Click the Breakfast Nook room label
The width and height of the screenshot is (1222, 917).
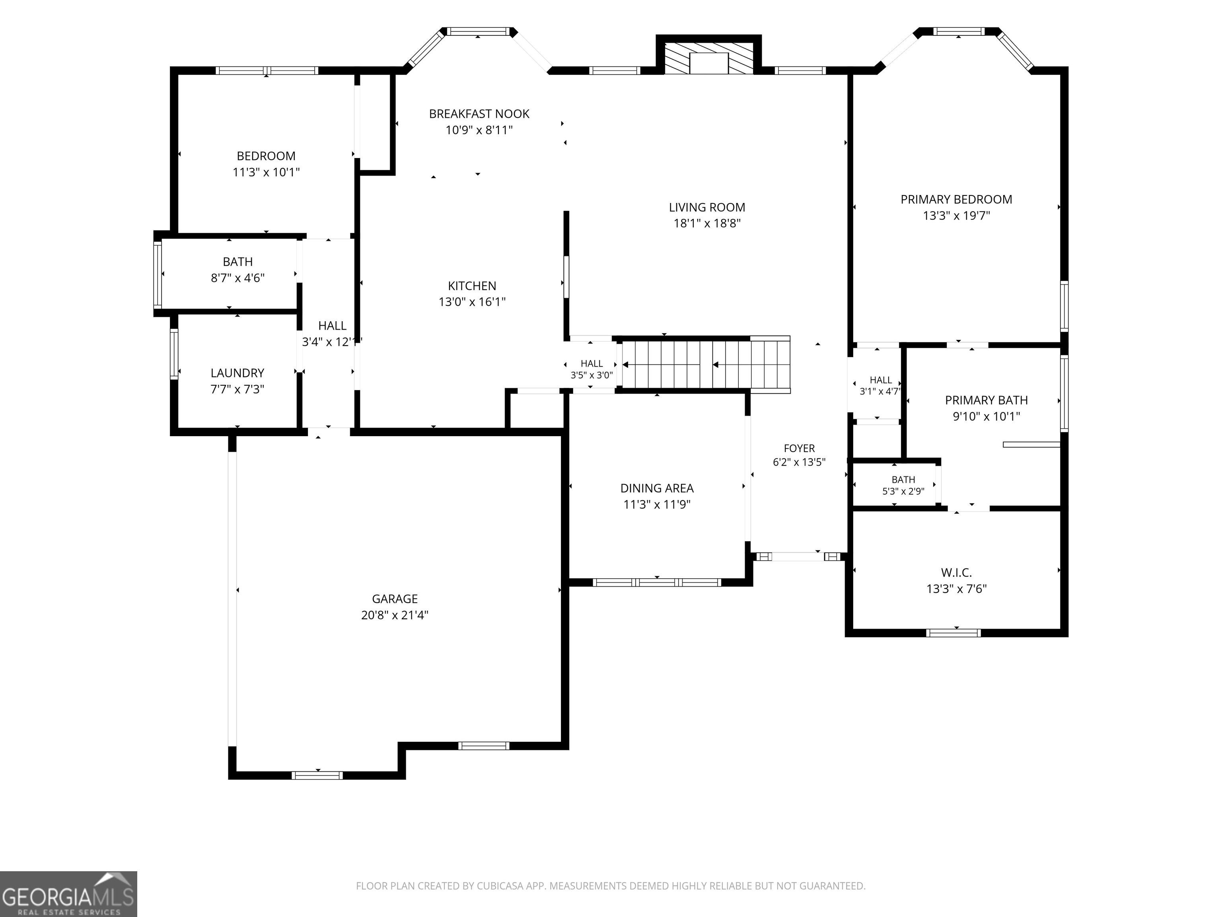[479, 114]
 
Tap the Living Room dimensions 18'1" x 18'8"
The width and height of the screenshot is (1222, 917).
[706, 223]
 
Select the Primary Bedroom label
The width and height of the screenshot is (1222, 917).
[956, 199]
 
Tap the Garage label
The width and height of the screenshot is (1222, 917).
[395, 599]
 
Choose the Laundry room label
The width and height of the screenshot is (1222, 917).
[237, 373]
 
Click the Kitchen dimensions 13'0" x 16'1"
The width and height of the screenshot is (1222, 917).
[472, 302]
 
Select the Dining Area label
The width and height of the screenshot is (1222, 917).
[657, 488]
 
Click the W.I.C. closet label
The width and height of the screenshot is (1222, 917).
[956, 573]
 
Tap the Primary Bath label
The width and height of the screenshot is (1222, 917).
[986, 400]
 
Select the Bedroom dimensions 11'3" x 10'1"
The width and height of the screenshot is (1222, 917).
[266, 172]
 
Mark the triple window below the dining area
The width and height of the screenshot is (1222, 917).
[657, 582]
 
